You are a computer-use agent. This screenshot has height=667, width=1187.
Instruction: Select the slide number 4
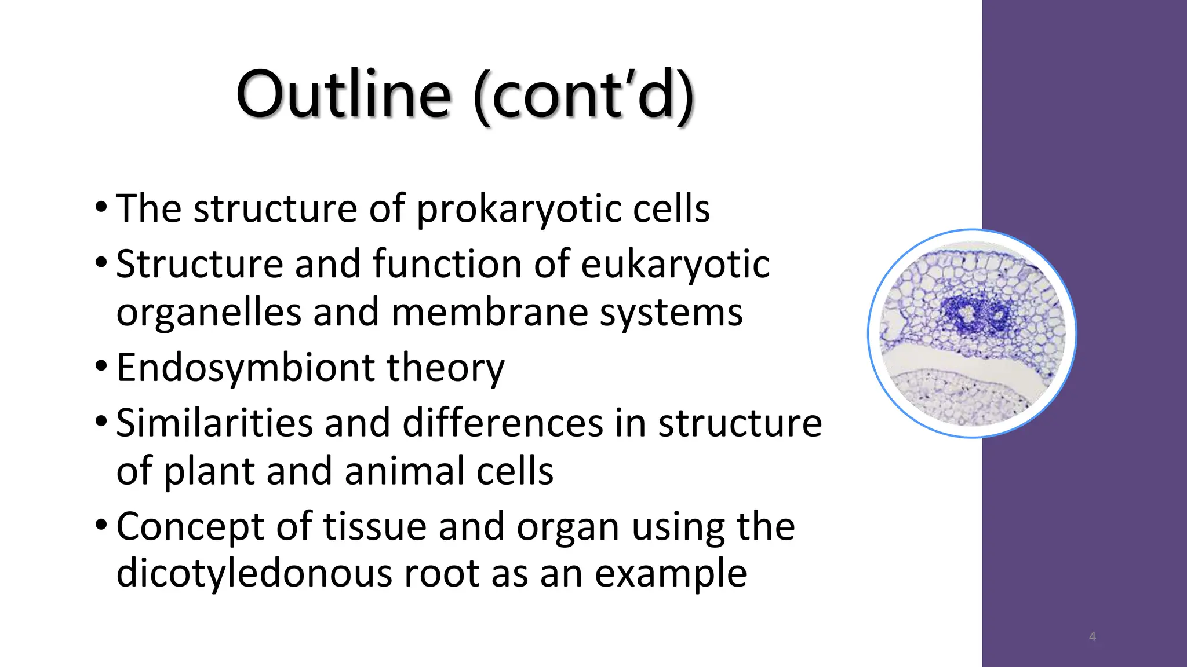click(x=1092, y=637)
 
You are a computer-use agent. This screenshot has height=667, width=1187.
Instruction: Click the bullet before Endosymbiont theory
click(x=101, y=367)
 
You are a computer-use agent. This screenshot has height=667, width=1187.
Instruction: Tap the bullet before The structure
click(x=101, y=207)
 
